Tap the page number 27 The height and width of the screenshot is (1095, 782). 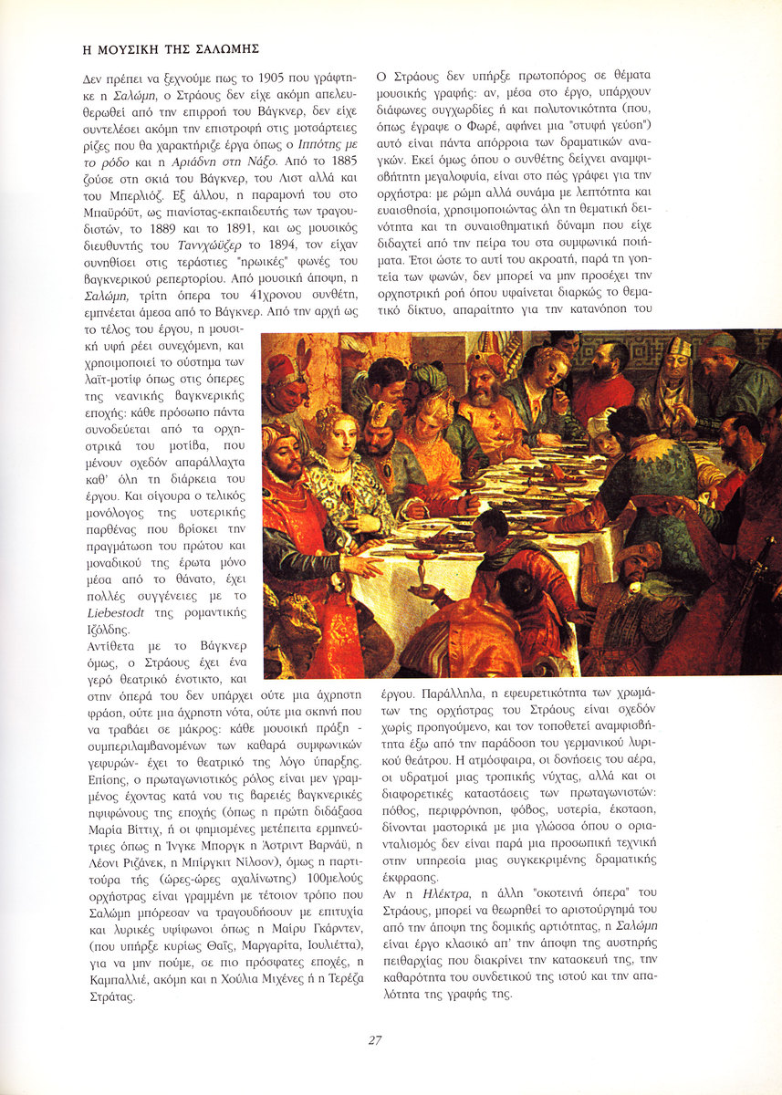tap(375, 1039)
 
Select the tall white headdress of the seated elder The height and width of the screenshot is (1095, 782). tap(677, 347)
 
